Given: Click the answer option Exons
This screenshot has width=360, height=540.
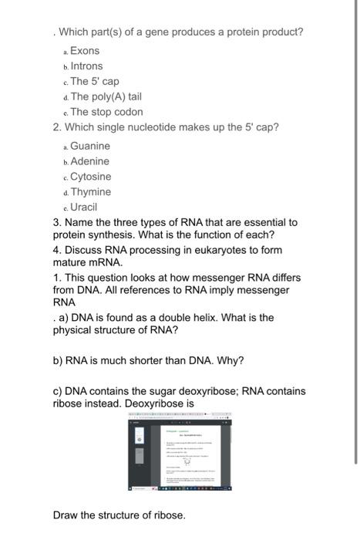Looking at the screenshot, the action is tap(86, 51).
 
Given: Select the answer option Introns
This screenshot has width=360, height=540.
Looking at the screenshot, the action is tap(86, 66).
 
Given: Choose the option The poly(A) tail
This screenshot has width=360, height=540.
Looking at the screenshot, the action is tap(106, 96).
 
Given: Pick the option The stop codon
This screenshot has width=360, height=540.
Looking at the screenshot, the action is tap(106, 112).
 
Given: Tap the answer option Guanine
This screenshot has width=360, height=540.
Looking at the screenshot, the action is tap(90, 146).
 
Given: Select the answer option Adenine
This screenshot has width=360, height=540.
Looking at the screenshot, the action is tap(89, 161).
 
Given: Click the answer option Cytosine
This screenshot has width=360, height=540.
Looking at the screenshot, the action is tap(91, 177).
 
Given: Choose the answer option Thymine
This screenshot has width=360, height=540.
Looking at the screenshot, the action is tap(91, 192).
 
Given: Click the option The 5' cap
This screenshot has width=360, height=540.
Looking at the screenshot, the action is tap(95, 82).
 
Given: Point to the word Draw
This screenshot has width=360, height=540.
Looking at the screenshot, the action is tap(66, 515).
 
